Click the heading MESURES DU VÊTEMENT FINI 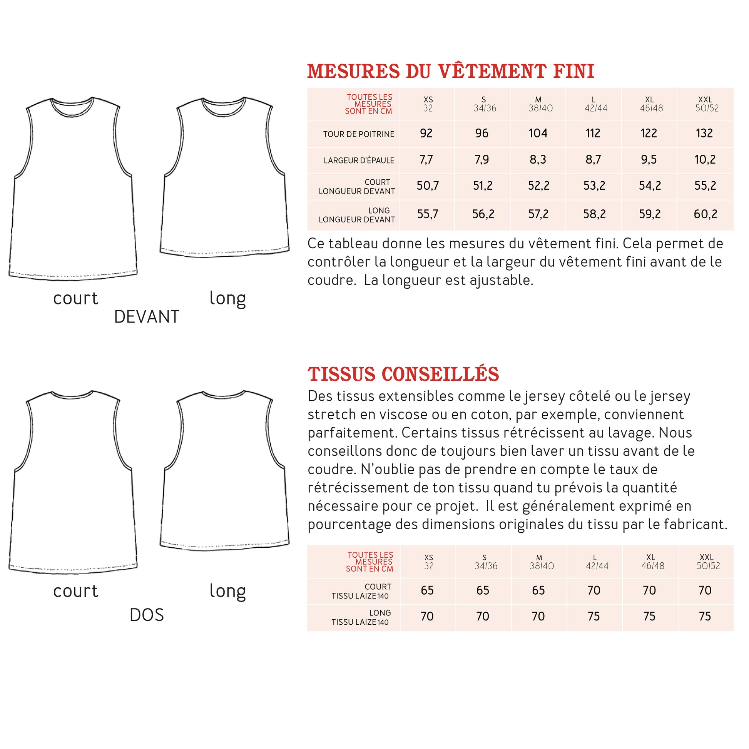click(x=450, y=72)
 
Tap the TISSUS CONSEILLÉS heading click(x=403, y=374)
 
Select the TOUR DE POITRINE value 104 click(x=538, y=133)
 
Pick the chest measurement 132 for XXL click(x=704, y=133)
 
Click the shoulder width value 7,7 click(x=426, y=159)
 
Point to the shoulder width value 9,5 click(x=649, y=159)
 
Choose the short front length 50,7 click(x=428, y=186)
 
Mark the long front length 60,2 click(x=705, y=214)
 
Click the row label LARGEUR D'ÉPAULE click(x=359, y=160)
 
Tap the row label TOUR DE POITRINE click(x=359, y=134)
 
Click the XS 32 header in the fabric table click(x=428, y=562)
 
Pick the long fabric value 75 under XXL click(x=704, y=617)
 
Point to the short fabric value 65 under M click(x=538, y=590)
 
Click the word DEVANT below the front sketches click(x=147, y=317)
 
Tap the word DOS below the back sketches click(x=147, y=615)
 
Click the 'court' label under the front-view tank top click(x=75, y=299)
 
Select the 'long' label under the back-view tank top click(x=227, y=591)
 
